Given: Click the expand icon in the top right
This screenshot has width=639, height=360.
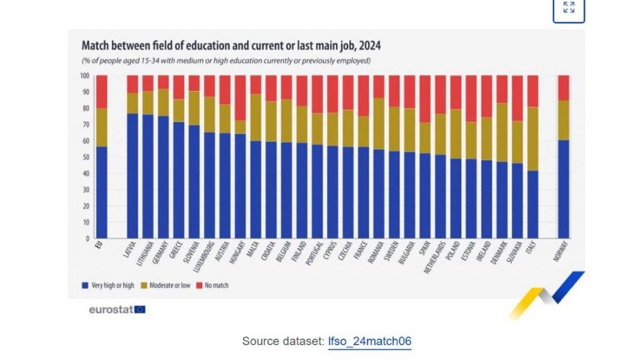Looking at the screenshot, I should click(x=568, y=7).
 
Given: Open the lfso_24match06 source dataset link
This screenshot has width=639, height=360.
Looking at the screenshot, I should click(x=370, y=341).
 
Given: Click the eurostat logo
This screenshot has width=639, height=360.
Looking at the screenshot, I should click(x=117, y=309).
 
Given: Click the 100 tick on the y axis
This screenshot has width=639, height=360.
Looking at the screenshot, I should click(x=84, y=76).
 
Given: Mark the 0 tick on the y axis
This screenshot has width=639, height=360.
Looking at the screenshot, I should click(x=87, y=238).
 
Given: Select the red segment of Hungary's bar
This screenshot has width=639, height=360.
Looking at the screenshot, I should click(x=240, y=98).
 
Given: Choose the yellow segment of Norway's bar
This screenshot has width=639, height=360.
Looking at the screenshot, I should click(x=563, y=120).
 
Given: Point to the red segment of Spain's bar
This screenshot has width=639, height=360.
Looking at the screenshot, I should click(x=424, y=99).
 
